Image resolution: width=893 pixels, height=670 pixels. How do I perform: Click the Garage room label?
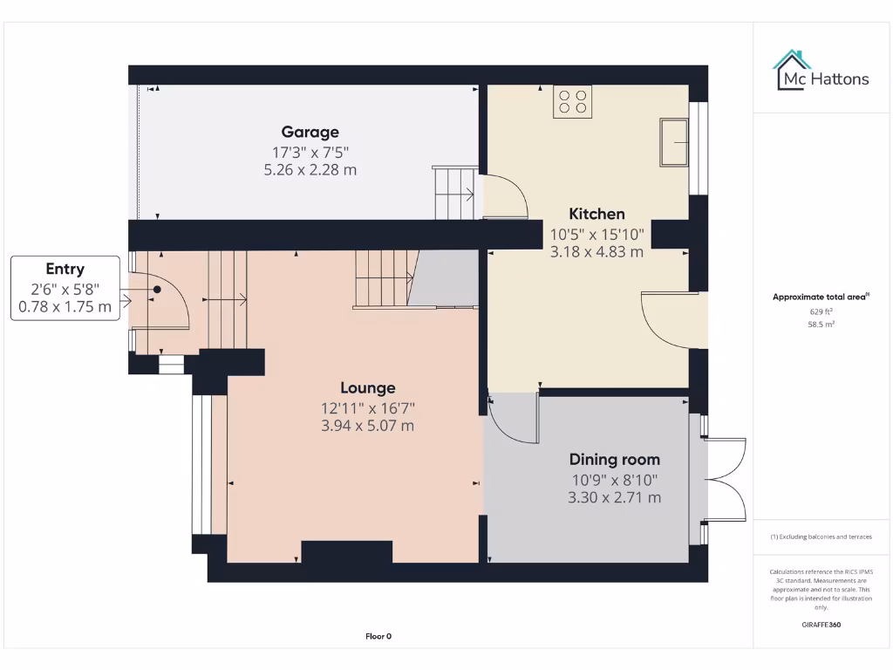(310, 133)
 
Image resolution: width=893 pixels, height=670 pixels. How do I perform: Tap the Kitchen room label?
(596, 214)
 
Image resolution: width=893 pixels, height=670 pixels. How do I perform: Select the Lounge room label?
(367, 388)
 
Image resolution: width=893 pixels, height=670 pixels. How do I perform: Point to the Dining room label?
(614, 460)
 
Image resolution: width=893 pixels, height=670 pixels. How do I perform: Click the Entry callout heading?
(65, 270)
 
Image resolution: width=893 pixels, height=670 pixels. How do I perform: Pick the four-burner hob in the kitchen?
(572, 101)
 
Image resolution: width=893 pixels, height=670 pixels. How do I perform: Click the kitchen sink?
(675, 141)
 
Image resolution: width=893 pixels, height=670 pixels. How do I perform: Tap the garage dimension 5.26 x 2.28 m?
(310, 170)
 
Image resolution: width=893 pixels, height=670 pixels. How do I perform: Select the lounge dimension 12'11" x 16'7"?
(367, 407)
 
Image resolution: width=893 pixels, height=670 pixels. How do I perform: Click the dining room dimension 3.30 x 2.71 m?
(614, 497)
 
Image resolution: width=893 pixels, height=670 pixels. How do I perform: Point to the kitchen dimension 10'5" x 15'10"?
(596, 234)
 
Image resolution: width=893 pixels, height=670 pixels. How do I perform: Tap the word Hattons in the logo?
(840, 79)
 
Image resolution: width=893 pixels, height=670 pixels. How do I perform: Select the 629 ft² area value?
(821, 311)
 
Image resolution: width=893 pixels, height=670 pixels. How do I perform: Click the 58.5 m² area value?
(821, 324)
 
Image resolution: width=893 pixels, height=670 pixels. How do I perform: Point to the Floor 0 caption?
(378, 636)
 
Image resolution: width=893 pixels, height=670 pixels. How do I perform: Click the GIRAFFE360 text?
(821, 625)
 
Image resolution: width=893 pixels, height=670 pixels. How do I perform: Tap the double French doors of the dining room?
(725, 479)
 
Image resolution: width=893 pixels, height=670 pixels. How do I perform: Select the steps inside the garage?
(454, 194)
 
